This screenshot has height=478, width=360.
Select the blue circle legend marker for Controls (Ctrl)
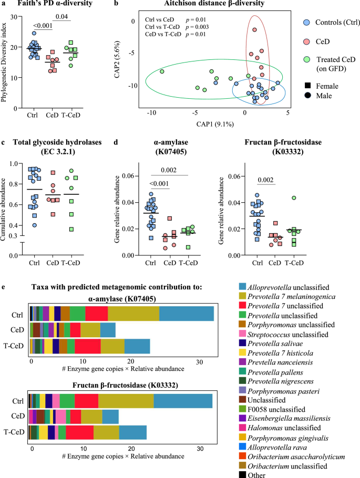click(306, 24)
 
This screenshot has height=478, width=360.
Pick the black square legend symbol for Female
click(306, 86)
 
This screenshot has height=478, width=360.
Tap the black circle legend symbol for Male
click(306, 95)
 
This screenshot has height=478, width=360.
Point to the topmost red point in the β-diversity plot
click(254, 30)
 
